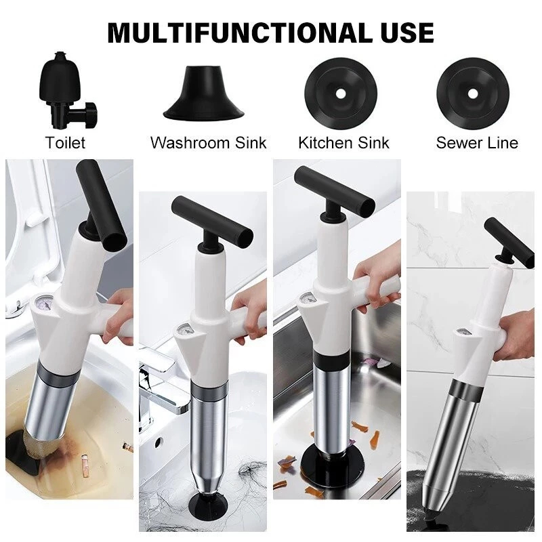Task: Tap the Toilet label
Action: coord(65,143)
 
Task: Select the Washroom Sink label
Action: coord(209,143)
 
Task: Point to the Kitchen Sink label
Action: coord(343,143)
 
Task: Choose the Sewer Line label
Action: coord(477,143)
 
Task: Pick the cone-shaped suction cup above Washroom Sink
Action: coord(204,92)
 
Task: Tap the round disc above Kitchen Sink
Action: coord(341,93)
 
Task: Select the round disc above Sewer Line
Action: coord(473,93)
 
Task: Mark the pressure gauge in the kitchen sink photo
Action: coord(308,299)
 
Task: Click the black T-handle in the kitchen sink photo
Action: coord(334,191)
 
